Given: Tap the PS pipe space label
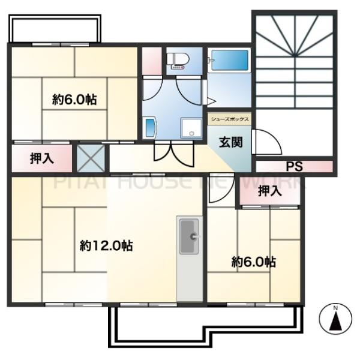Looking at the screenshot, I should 293,166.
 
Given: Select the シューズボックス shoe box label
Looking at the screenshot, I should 229,119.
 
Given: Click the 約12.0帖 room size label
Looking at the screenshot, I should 106,245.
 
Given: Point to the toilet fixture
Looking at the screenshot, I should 178,60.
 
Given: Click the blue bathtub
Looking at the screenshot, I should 229,61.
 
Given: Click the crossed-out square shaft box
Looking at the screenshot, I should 91,157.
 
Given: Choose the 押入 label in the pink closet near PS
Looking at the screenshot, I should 269,191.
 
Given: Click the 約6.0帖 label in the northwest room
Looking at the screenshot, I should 74,99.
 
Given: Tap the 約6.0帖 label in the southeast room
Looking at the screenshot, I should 254,262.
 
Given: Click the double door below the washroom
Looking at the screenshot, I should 173,152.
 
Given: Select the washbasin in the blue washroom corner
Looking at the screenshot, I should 150,127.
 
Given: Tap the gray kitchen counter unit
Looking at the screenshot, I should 190,258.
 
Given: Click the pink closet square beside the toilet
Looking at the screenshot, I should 152,59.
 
